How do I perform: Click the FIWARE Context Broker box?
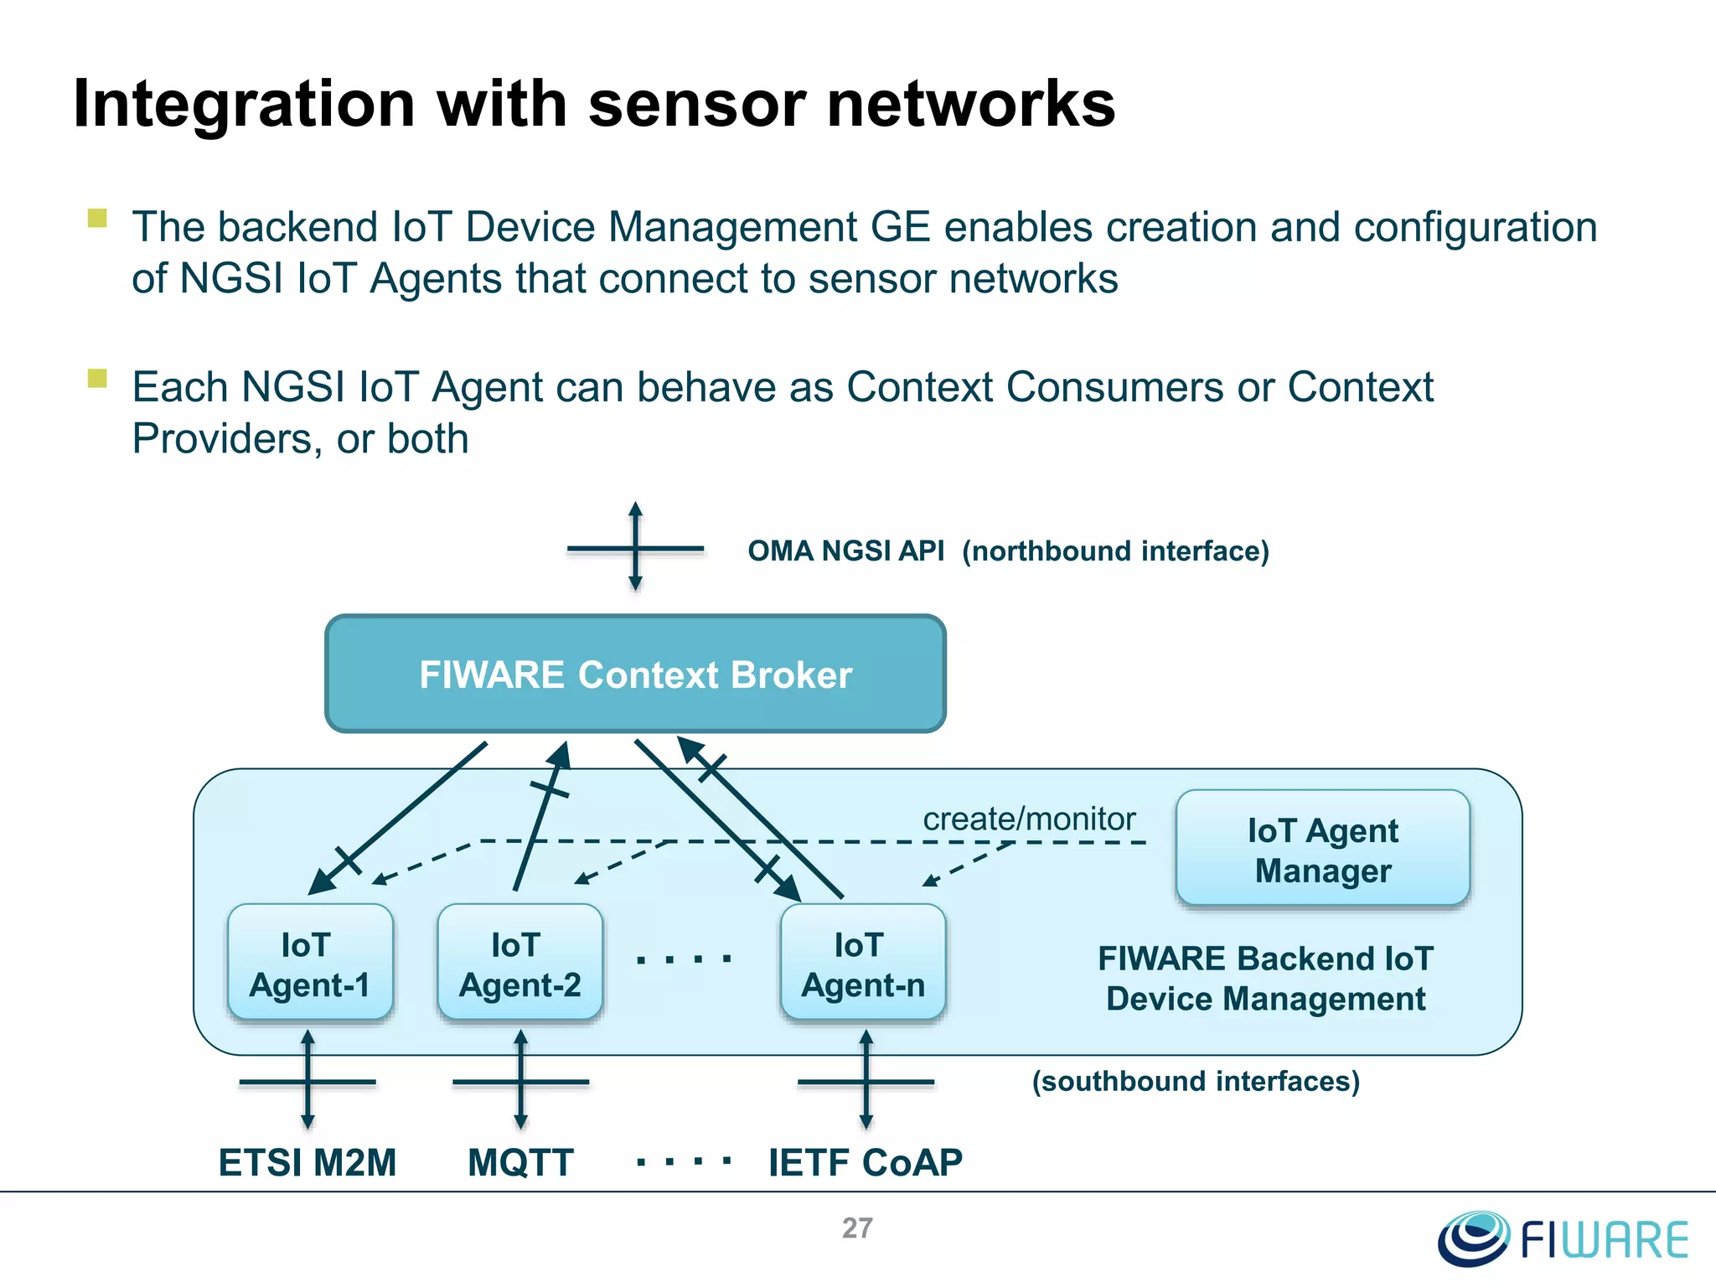click(635, 674)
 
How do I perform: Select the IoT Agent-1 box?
click(310, 964)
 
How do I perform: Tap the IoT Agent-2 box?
click(519, 964)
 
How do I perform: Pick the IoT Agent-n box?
click(863, 964)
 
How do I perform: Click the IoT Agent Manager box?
click(1322, 850)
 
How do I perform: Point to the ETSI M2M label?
click(307, 1162)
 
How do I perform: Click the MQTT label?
click(520, 1162)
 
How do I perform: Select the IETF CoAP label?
click(865, 1162)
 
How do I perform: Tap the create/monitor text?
click(1029, 819)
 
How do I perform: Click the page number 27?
click(857, 1228)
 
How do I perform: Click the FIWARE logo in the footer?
click(1564, 1238)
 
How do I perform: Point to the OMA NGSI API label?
click(845, 551)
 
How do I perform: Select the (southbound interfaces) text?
click(1196, 1081)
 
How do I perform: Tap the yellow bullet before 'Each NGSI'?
click(97, 379)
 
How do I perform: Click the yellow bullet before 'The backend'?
click(97, 219)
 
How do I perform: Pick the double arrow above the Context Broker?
click(635, 547)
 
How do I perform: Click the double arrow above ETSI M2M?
click(308, 1081)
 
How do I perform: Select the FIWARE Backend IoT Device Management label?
click(1265, 978)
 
